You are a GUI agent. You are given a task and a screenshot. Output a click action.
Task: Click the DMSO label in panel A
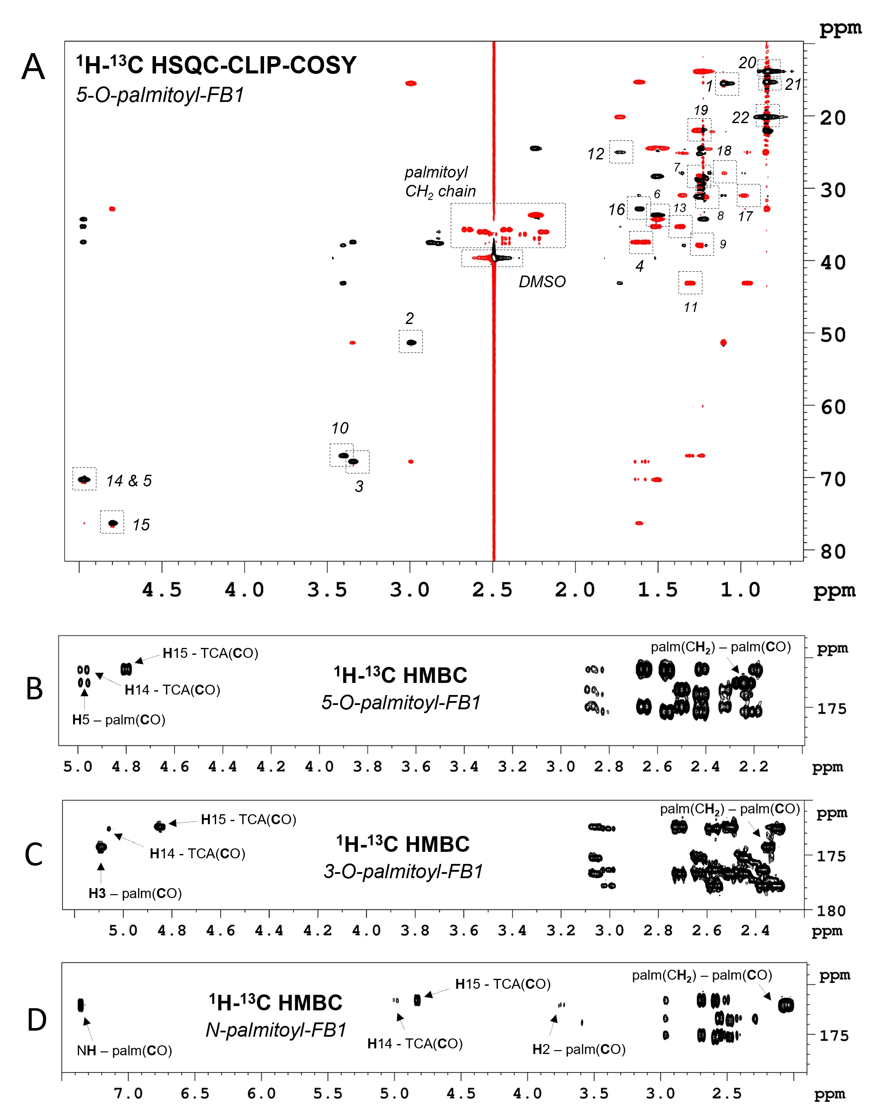[542, 282]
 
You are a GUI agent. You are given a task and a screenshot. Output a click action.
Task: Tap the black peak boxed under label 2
[411, 343]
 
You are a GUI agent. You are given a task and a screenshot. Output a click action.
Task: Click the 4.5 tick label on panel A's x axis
[162, 590]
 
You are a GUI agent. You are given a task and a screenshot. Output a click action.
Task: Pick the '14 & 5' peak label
[129, 481]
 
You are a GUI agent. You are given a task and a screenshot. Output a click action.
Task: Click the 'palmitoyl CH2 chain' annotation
[440, 181]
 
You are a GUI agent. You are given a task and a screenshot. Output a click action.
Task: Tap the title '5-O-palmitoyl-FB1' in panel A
[160, 95]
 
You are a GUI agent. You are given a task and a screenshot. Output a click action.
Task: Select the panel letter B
[34, 689]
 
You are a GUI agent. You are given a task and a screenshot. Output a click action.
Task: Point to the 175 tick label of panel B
[832, 708]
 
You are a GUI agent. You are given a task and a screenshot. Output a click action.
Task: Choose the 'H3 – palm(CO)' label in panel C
[135, 893]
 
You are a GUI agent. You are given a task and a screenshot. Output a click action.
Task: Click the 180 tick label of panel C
[832, 911]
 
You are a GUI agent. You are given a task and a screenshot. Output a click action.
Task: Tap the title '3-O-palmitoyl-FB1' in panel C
[403, 871]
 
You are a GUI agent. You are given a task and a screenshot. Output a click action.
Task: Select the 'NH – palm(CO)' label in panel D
[124, 1050]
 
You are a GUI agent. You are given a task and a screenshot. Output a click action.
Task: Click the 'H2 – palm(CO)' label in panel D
[579, 1049]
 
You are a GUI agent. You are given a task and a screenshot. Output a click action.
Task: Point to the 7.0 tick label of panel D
[128, 1093]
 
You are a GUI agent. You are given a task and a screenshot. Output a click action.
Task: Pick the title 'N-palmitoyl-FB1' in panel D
[276, 1030]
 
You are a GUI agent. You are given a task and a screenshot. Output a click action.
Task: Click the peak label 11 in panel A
[690, 308]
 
